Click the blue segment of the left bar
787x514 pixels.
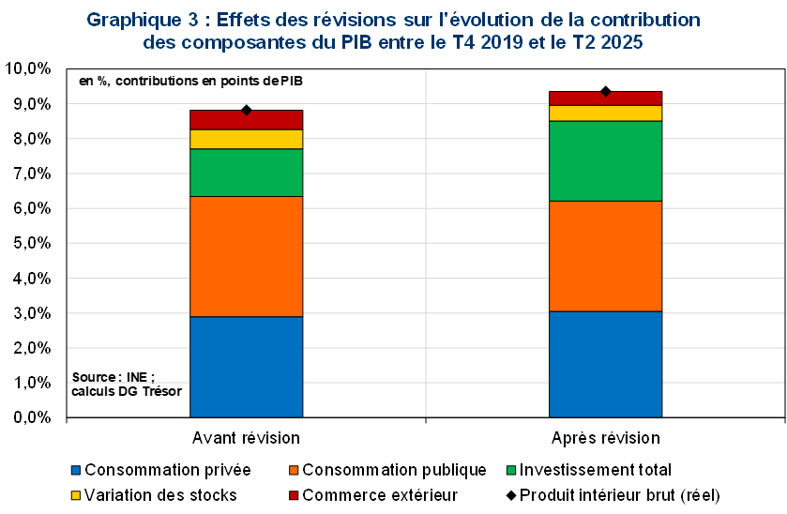246,366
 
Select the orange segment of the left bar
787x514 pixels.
246,256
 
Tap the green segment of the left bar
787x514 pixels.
246,173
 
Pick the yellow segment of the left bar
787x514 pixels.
246,139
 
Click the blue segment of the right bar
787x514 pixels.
605,363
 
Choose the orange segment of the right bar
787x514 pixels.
605,255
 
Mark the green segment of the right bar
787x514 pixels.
605,160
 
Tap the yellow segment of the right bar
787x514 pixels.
605,113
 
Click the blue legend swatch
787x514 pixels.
76,470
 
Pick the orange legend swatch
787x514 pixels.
294,470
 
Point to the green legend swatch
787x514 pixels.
511,470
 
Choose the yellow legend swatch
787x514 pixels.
76,494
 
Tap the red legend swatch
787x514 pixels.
294,494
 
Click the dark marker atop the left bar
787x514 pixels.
246,113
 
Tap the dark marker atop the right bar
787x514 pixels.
605,95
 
